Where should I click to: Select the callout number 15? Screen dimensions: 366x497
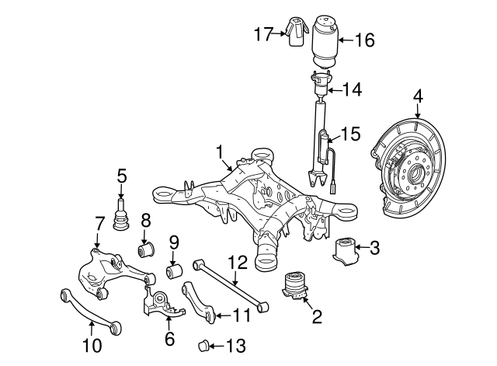351,134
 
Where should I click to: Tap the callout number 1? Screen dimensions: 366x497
220,151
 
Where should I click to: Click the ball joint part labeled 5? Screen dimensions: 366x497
121,217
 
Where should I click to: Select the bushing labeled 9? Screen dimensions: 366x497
174,273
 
